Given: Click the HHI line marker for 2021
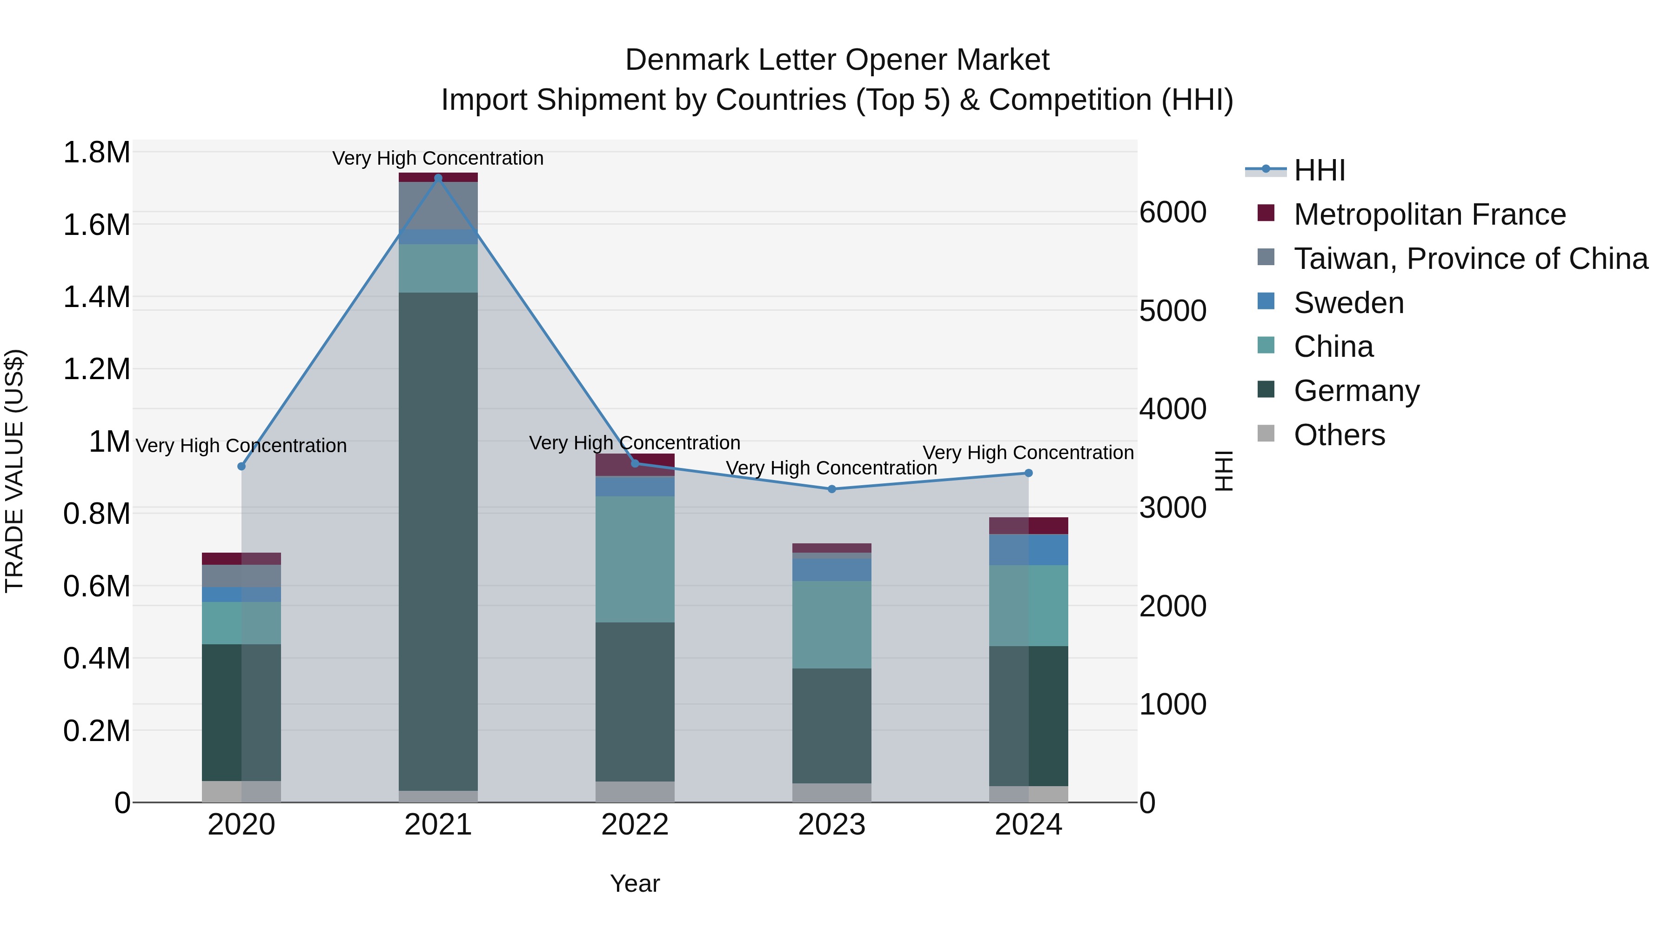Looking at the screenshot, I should point(438,178).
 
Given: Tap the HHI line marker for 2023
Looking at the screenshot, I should point(831,489).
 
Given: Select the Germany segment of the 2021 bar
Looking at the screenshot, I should point(438,540).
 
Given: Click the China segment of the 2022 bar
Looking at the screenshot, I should point(635,559).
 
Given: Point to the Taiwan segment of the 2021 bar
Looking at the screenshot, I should point(438,206).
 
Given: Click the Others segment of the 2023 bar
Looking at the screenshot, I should point(831,793).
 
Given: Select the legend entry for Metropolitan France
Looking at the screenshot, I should point(1429,214).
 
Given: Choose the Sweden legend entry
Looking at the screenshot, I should point(1348,303).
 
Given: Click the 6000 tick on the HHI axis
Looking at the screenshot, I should point(1172,213).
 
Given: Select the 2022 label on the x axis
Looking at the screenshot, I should point(635,825).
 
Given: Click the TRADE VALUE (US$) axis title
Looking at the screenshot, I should point(14,471).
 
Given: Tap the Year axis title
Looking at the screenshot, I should point(635,883).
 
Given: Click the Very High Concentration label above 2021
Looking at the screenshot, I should point(438,158).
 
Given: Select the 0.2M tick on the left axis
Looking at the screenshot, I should point(96,731).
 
